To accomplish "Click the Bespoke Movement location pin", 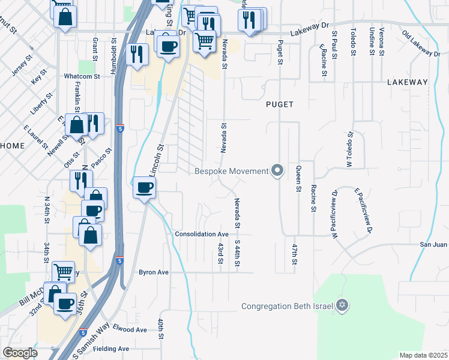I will pos(277,172).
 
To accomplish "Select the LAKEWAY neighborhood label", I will pos(407,82).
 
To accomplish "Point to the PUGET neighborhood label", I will pos(280,104).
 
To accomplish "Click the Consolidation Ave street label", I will pos(202,234).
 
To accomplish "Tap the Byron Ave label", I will pos(154,272).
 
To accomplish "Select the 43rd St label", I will pos(220,253).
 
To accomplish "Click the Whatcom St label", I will pos(82,76).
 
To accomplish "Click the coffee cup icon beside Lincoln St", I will pos(144,188).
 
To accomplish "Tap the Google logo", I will pos(20,353).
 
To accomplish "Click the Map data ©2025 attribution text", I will pos(423,355).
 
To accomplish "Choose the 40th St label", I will pos(161,330).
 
